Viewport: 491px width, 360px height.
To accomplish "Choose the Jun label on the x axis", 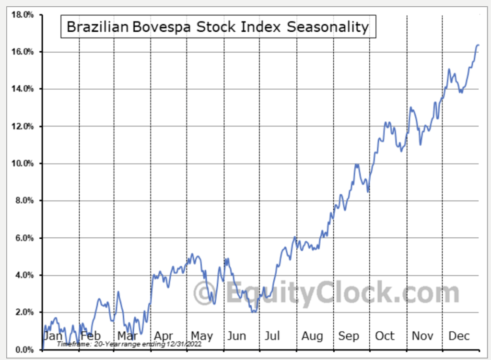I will click(237, 336).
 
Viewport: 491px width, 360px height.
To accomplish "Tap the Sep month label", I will click(348, 336).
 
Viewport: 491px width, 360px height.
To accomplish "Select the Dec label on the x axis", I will click(458, 336).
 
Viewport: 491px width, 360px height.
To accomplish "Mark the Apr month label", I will click(164, 336).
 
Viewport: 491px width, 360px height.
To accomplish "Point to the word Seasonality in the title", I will click(328, 27).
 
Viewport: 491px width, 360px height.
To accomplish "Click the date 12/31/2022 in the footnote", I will click(184, 344).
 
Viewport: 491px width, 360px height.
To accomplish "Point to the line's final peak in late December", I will click(478, 45).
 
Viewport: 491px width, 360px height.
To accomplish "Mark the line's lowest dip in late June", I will click(254, 312).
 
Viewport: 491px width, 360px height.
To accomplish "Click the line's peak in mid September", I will click(356, 165).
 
